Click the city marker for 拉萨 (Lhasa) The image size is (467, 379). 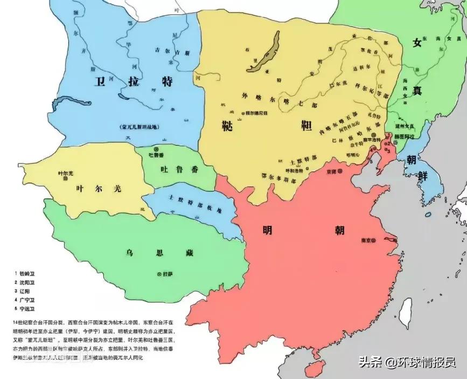tap(159, 274)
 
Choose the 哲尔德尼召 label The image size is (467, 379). tap(256, 113)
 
